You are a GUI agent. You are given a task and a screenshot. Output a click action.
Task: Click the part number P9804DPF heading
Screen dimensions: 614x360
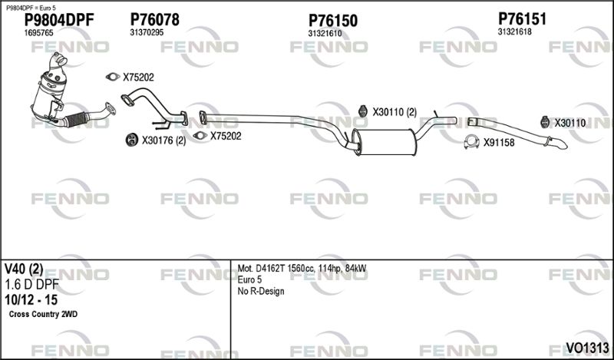coord(59,20)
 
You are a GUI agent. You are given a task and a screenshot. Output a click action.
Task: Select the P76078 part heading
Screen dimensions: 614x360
coord(155,19)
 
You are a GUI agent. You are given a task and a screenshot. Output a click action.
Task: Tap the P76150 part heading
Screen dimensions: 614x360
coord(333,21)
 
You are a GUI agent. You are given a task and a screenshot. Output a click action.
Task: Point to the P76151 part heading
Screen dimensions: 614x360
coord(522,18)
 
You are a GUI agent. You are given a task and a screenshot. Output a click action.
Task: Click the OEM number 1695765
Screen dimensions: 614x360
coord(39,33)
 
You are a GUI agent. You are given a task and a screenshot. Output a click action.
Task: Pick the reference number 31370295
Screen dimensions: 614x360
coord(147,32)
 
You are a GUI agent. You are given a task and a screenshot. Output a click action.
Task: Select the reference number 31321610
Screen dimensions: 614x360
coord(325,34)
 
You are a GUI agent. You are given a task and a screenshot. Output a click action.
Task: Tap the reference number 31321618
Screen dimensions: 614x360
coord(514,31)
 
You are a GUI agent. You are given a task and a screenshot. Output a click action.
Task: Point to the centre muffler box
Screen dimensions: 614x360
coord(386,142)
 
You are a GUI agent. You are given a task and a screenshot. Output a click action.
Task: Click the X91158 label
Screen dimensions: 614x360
coord(499,143)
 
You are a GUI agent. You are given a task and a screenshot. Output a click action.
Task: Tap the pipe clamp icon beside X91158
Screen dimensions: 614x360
coord(471,142)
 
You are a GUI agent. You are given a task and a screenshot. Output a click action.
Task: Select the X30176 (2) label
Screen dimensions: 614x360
coord(163,140)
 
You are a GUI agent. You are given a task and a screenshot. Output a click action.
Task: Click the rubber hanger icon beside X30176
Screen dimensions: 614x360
coord(132,140)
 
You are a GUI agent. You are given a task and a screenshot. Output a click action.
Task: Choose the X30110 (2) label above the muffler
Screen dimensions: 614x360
coord(394,112)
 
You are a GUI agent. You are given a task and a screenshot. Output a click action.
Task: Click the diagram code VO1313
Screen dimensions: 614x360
coord(587,348)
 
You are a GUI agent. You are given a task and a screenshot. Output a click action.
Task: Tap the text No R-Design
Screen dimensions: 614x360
coord(261,292)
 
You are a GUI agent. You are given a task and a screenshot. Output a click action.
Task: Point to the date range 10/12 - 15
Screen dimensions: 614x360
coord(31,300)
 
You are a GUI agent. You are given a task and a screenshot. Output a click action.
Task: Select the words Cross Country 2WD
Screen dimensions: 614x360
coord(43,314)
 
